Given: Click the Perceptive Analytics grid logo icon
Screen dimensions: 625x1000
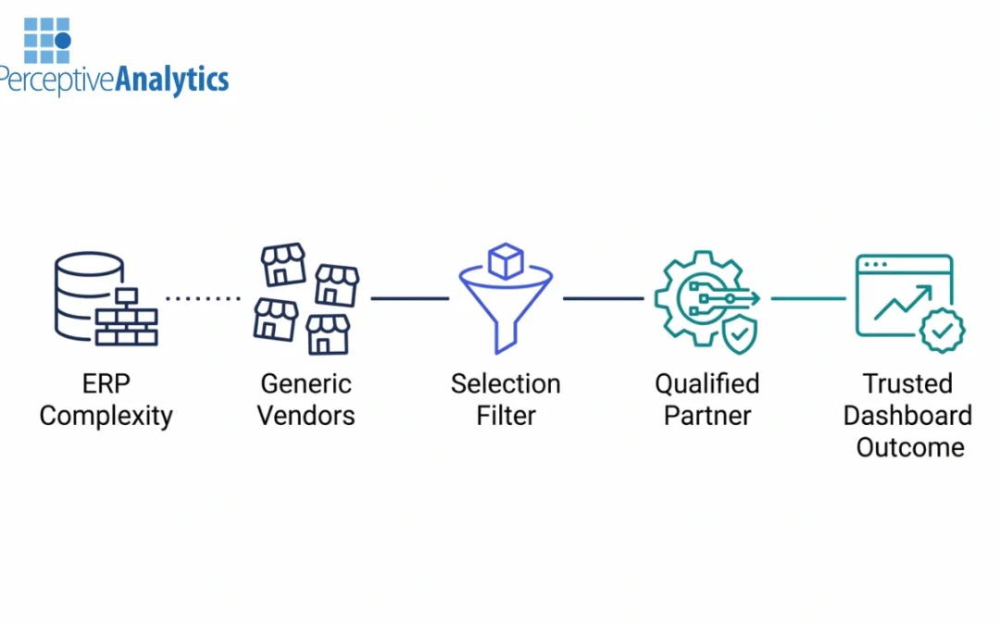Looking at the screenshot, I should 46,39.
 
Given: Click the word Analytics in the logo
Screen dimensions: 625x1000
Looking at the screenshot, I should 171,81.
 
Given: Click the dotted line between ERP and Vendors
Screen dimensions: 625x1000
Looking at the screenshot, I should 203,298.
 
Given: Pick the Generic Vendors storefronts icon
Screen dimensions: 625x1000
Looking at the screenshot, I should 306,298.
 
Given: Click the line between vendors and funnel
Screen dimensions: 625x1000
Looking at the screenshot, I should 409,298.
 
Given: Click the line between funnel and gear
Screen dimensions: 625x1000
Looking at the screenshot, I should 603,298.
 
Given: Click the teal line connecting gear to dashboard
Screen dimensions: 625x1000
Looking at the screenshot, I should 808,298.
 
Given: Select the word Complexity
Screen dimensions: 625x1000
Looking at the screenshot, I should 106,416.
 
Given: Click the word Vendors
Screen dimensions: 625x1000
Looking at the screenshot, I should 306,416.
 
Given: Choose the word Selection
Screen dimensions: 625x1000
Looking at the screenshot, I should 506,384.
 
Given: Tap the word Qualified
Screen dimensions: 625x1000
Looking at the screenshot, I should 706,384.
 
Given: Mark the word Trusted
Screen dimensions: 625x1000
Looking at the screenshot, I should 907,384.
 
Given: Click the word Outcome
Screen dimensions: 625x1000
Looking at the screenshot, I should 909,447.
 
